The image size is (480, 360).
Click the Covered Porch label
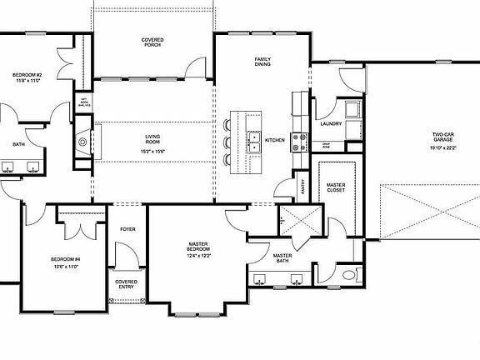point(152,42)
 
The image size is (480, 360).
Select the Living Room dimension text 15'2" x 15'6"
point(152,151)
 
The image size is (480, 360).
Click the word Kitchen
point(275,140)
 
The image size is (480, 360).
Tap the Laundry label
point(331,124)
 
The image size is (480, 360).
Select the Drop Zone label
point(327,145)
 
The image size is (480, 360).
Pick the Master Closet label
point(337,187)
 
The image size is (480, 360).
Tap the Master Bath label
point(282,258)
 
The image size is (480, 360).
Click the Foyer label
point(127,227)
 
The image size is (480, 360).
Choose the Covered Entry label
point(127,284)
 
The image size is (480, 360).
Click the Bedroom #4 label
point(64,259)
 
